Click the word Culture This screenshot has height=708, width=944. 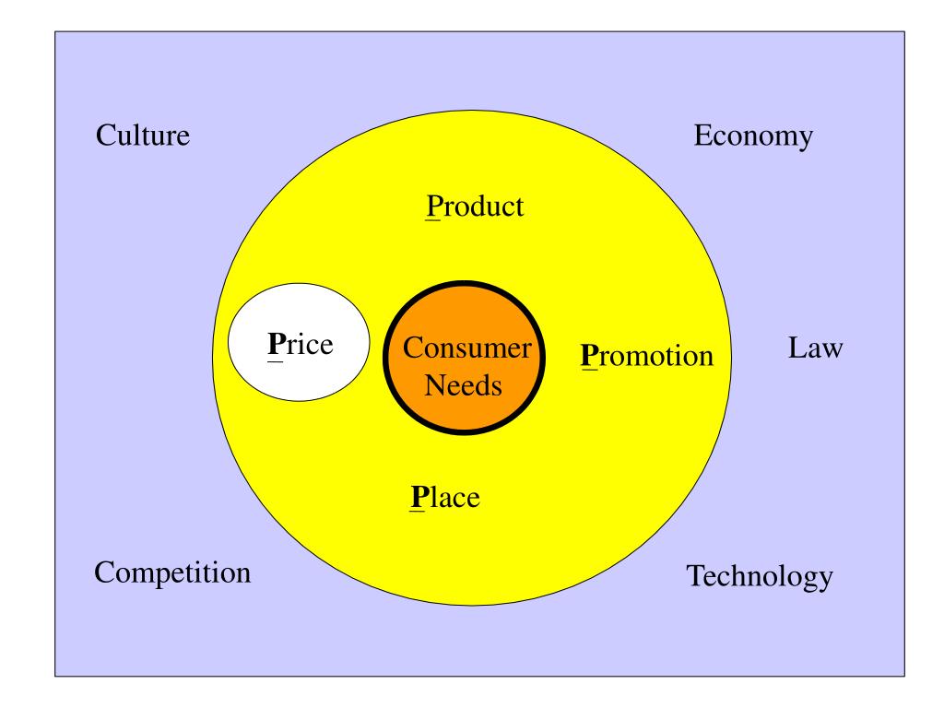[x=143, y=136]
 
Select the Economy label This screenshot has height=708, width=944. [x=752, y=136]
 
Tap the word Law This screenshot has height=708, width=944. [x=816, y=349]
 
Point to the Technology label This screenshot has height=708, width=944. [x=760, y=578]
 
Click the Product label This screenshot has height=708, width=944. [x=474, y=206]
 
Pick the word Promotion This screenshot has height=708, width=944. [x=647, y=355]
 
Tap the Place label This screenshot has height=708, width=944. [x=446, y=498]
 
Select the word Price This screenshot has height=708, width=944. [x=300, y=346]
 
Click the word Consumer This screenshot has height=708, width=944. [x=467, y=348]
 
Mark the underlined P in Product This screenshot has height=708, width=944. [x=431, y=206]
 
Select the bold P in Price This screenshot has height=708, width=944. [x=274, y=346]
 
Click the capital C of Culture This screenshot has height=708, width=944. [x=105, y=136]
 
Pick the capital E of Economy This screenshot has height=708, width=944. [x=702, y=136]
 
